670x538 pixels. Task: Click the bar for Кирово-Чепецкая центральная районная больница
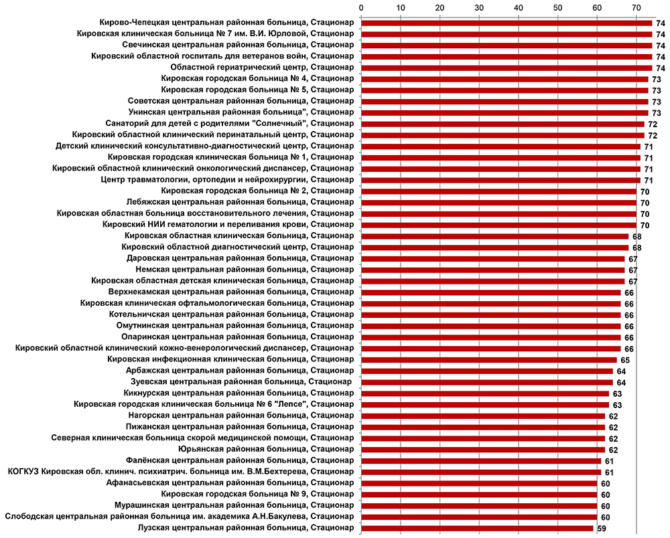tap(507, 23)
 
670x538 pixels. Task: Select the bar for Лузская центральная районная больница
tap(477, 528)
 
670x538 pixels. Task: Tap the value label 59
tap(601, 529)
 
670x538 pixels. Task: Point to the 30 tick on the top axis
tap(479, 8)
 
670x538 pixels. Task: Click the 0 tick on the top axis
tap(362, 8)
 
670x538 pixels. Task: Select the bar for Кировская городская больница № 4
tap(505, 79)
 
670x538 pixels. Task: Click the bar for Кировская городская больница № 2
tap(498, 191)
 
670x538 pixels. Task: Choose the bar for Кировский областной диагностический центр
tap(494, 247)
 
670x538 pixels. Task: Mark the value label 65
tap(624, 360)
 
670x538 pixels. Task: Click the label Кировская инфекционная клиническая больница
tap(231, 359)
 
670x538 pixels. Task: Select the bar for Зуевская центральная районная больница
tap(487, 382)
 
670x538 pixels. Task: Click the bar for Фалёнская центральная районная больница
tap(481, 460)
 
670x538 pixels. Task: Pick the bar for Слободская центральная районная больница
tap(479, 517)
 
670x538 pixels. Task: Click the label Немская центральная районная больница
tap(245, 270)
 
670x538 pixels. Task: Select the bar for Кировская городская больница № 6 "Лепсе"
tap(485, 404)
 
